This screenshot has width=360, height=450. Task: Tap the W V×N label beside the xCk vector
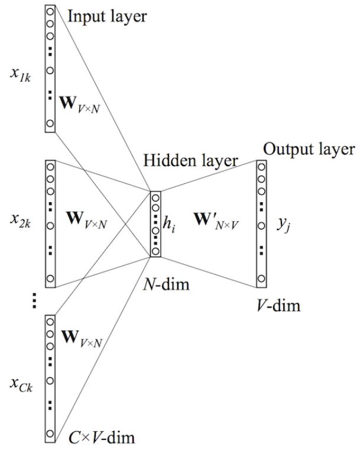[82, 339]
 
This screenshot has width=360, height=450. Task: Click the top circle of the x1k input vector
[50, 10]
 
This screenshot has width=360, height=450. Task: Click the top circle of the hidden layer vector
[155, 197]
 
